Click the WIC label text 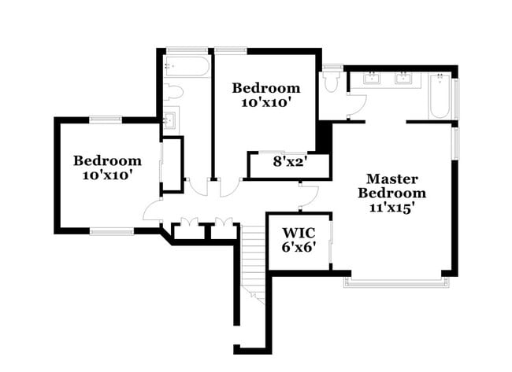(x=299, y=233)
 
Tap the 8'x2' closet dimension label (x=289, y=164)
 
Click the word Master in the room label (x=391, y=179)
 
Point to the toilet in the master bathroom (x=330, y=83)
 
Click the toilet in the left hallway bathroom (x=175, y=93)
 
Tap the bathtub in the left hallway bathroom (x=187, y=66)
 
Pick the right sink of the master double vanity (x=405, y=78)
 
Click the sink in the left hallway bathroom (x=169, y=120)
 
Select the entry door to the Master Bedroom (x=308, y=193)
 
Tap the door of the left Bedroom (x=152, y=209)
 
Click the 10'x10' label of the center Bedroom (x=265, y=101)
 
